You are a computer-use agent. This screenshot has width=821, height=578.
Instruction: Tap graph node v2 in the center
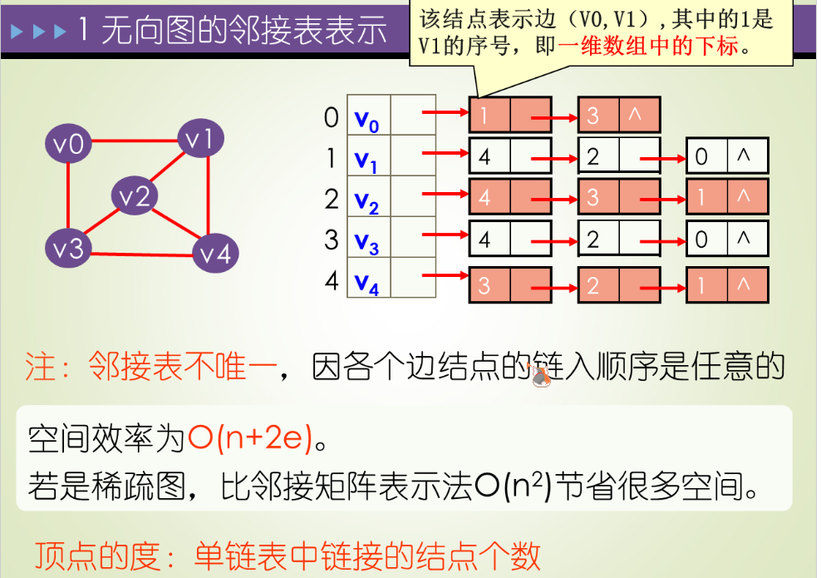tap(135, 196)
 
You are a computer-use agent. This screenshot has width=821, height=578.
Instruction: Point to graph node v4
tap(215, 253)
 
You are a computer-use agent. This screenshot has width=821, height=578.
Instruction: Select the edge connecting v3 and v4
tap(141, 250)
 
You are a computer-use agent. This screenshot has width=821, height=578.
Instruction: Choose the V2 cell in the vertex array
tap(367, 200)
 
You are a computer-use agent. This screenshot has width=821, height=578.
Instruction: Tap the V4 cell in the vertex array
tap(367, 282)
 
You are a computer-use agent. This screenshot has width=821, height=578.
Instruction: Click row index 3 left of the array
tap(332, 240)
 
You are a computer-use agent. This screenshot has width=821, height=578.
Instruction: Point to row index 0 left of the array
tap(332, 117)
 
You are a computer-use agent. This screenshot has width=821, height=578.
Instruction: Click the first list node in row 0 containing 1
tap(509, 116)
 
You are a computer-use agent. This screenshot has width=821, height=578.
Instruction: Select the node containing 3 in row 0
tap(617, 116)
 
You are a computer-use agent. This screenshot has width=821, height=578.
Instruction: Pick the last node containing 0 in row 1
tap(726, 156)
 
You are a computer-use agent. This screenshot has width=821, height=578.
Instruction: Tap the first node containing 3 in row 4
tap(509, 285)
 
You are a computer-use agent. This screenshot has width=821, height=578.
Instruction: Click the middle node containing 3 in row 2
tap(617, 197)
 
